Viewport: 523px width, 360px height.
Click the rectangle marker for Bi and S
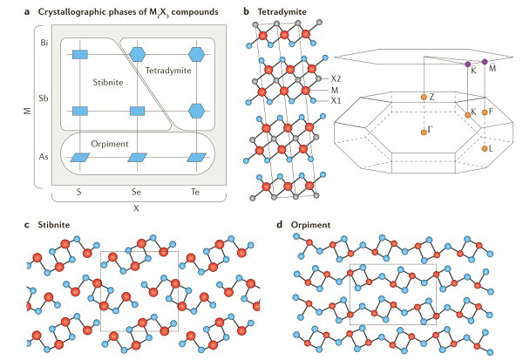pyautogui.click(x=79, y=55)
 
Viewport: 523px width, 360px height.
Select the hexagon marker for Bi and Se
pyautogui.click(x=137, y=54)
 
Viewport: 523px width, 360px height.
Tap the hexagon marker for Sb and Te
pyautogui.click(x=197, y=111)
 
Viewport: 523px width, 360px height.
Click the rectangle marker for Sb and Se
pyautogui.click(x=137, y=111)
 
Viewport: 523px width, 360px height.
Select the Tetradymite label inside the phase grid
pyautogui.click(x=169, y=70)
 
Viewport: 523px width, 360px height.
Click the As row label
pyautogui.click(x=44, y=156)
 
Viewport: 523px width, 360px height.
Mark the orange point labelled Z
pyautogui.click(x=423, y=96)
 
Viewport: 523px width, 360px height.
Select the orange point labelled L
pyautogui.click(x=484, y=148)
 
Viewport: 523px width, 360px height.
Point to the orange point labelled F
pyautogui.click(x=484, y=112)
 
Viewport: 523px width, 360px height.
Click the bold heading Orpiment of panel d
pyautogui.click(x=311, y=224)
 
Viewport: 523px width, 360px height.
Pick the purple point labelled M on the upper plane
pyautogui.click(x=485, y=62)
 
